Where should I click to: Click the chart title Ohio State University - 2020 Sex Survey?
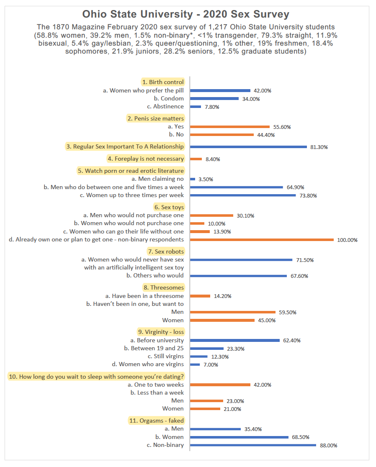click(x=185, y=14)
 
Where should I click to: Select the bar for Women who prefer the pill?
click(x=220, y=90)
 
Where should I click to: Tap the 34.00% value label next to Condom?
click(x=251, y=99)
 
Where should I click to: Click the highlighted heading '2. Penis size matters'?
click(x=156, y=118)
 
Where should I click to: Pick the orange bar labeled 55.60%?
click(x=230, y=127)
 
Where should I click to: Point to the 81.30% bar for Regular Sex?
click(x=248, y=147)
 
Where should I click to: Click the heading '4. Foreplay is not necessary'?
click(x=146, y=159)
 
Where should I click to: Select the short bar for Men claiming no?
click(x=193, y=179)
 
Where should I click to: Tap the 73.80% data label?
click(x=308, y=196)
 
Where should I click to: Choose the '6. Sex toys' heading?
click(x=169, y=207)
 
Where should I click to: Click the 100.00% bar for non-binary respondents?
click(x=262, y=240)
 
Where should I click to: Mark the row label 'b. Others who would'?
click(x=155, y=275)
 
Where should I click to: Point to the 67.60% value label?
click(x=299, y=276)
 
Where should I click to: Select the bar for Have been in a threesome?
click(x=200, y=296)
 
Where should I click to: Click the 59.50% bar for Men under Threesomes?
click(x=233, y=312)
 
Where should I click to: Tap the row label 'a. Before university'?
click(x=157, y=340)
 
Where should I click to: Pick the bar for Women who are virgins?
click(x=195, y=364)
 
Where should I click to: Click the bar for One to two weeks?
click(x=220, y=385)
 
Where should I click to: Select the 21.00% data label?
click(x=232, y=409)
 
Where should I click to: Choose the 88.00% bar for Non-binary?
click(x=253, y=445)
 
